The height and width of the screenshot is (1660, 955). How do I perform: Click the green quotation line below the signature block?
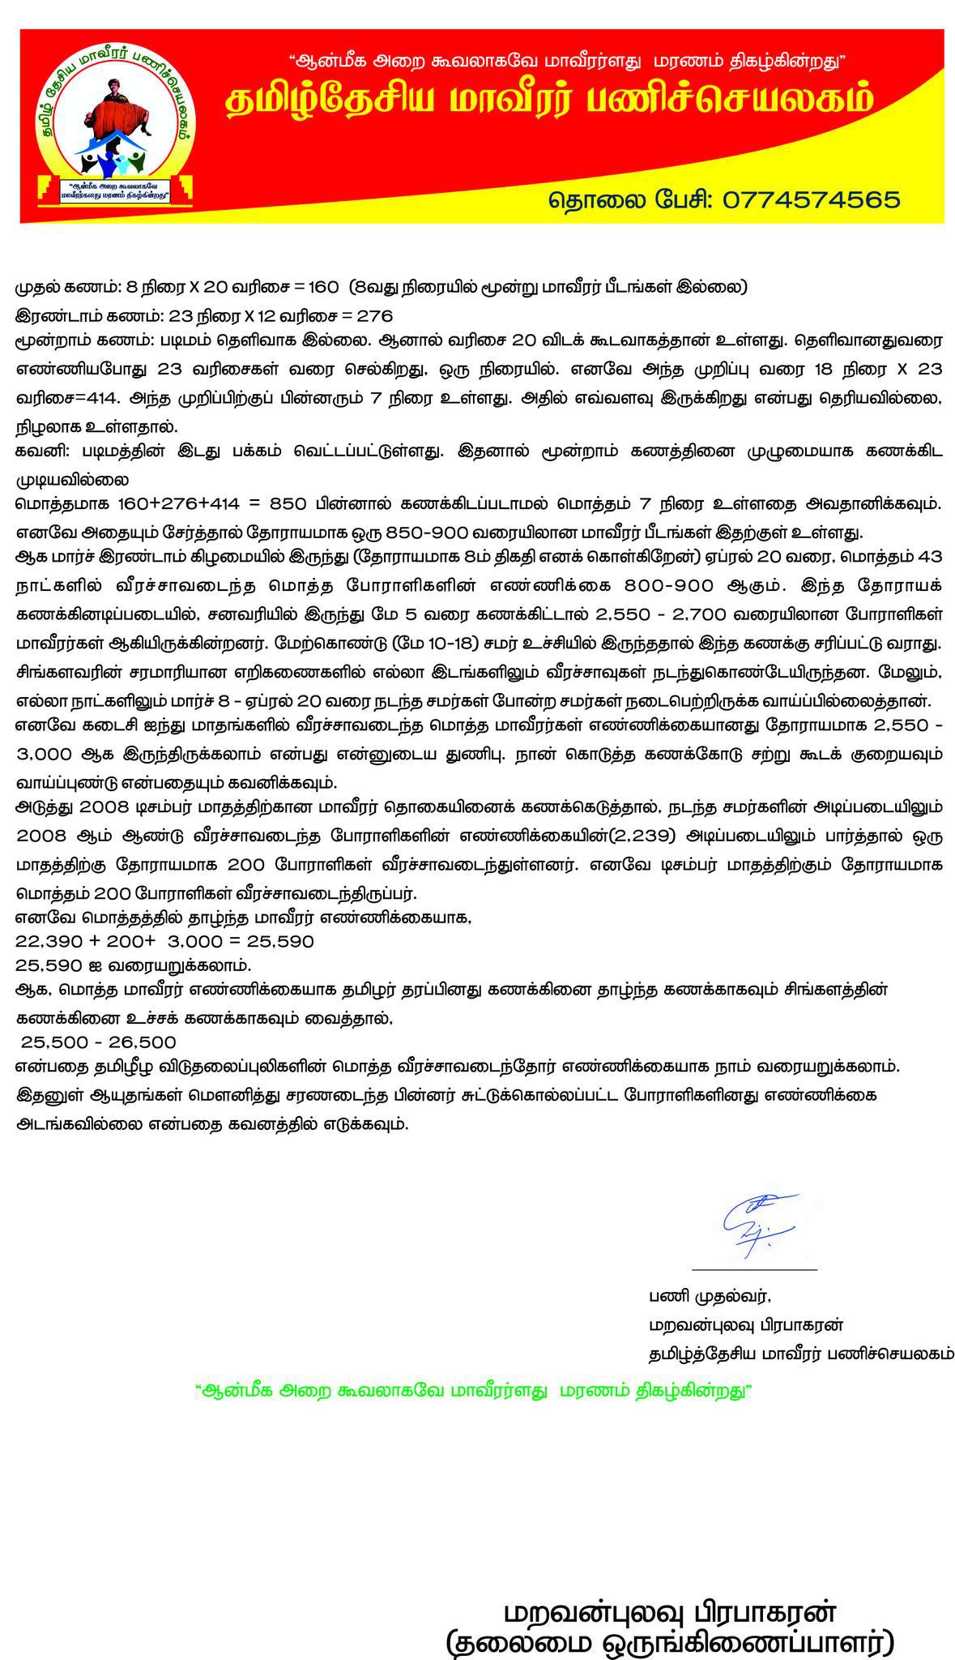point(474,1390)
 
